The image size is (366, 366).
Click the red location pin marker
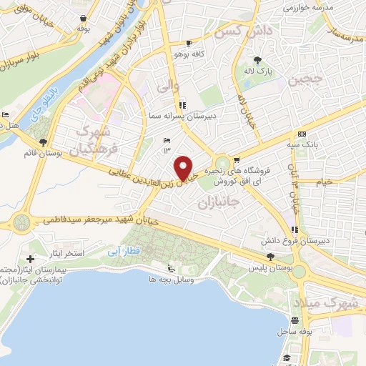tap(184, 168)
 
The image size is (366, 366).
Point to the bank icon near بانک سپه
tap(301, 134)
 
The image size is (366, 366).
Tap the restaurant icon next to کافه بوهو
tap(188, 43)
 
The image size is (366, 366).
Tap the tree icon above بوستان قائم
tap(44, 142)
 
